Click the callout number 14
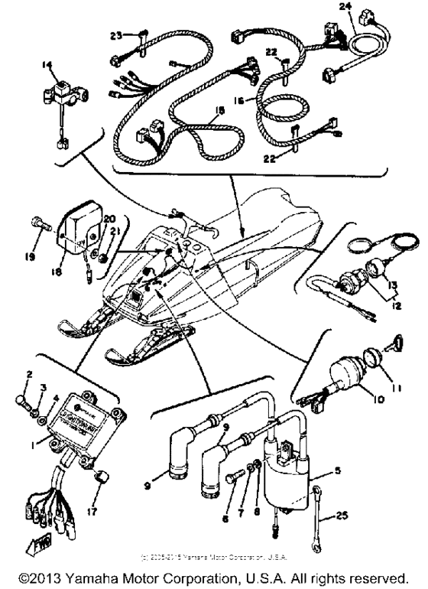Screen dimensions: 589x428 click(x=51, y=67)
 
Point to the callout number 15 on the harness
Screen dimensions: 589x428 click(x=199, y=111)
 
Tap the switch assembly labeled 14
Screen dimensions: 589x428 click(x=57, y=98)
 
